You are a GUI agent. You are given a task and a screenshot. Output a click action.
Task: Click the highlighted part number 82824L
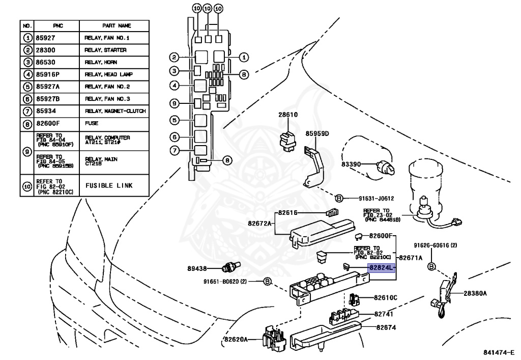pyautogui.click(x=382, y=267)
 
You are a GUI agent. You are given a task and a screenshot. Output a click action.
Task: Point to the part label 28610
pyautogui.click(x=287, y=116)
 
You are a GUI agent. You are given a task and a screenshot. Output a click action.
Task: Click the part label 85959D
pyautogui.click(x=317, y=134)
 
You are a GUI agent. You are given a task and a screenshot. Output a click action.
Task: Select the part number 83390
pyautogui.click(x=351, y=164)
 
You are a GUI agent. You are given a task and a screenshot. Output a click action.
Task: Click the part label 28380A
pyautogui.click(x=475, y=293)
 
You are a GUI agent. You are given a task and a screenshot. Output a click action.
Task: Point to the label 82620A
pyautogui.click(x=235, y=339)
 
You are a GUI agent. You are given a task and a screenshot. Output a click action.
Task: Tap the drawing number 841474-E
pyautogui.click(x=501, y=352)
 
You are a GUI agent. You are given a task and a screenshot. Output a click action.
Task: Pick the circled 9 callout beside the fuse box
pyautogui.click(x=174, y=103)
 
